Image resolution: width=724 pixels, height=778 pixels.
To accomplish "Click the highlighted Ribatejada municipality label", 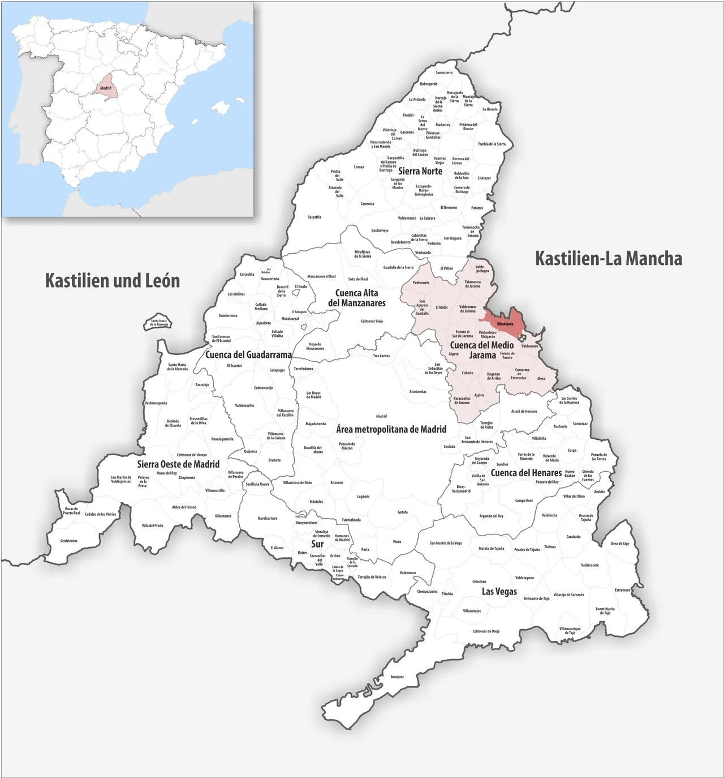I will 505,323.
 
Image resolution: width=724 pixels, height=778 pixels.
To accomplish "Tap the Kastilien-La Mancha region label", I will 609,259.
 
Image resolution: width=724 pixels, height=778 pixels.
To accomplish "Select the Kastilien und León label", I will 112,280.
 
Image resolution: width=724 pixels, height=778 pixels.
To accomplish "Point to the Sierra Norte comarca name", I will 420,170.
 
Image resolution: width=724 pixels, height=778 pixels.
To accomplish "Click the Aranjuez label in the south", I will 397,677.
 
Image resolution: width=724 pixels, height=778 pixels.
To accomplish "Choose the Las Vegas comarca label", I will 499,591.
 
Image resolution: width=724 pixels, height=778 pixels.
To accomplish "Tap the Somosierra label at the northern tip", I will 444,72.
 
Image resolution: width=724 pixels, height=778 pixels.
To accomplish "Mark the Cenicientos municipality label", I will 69,541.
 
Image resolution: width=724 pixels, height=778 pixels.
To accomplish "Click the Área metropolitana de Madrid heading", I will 391,429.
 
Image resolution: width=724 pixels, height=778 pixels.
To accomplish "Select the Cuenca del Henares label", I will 526,472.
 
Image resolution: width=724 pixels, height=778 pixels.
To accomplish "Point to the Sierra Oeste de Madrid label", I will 178,464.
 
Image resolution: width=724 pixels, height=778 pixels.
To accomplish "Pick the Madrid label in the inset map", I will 106,88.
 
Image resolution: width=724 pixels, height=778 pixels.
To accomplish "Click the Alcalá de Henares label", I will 524,411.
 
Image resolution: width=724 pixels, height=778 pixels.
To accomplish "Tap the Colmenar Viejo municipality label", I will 372,321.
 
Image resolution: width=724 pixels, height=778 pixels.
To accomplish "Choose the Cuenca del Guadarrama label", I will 248,354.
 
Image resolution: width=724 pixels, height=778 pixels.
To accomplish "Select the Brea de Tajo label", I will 620,543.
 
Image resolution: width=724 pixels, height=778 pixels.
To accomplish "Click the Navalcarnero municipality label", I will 268,518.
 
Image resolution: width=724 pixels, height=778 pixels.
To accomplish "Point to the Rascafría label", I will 314,217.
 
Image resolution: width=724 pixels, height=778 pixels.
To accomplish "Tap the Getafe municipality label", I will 403,512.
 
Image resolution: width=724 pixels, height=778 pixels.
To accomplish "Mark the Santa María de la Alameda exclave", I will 159,323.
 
